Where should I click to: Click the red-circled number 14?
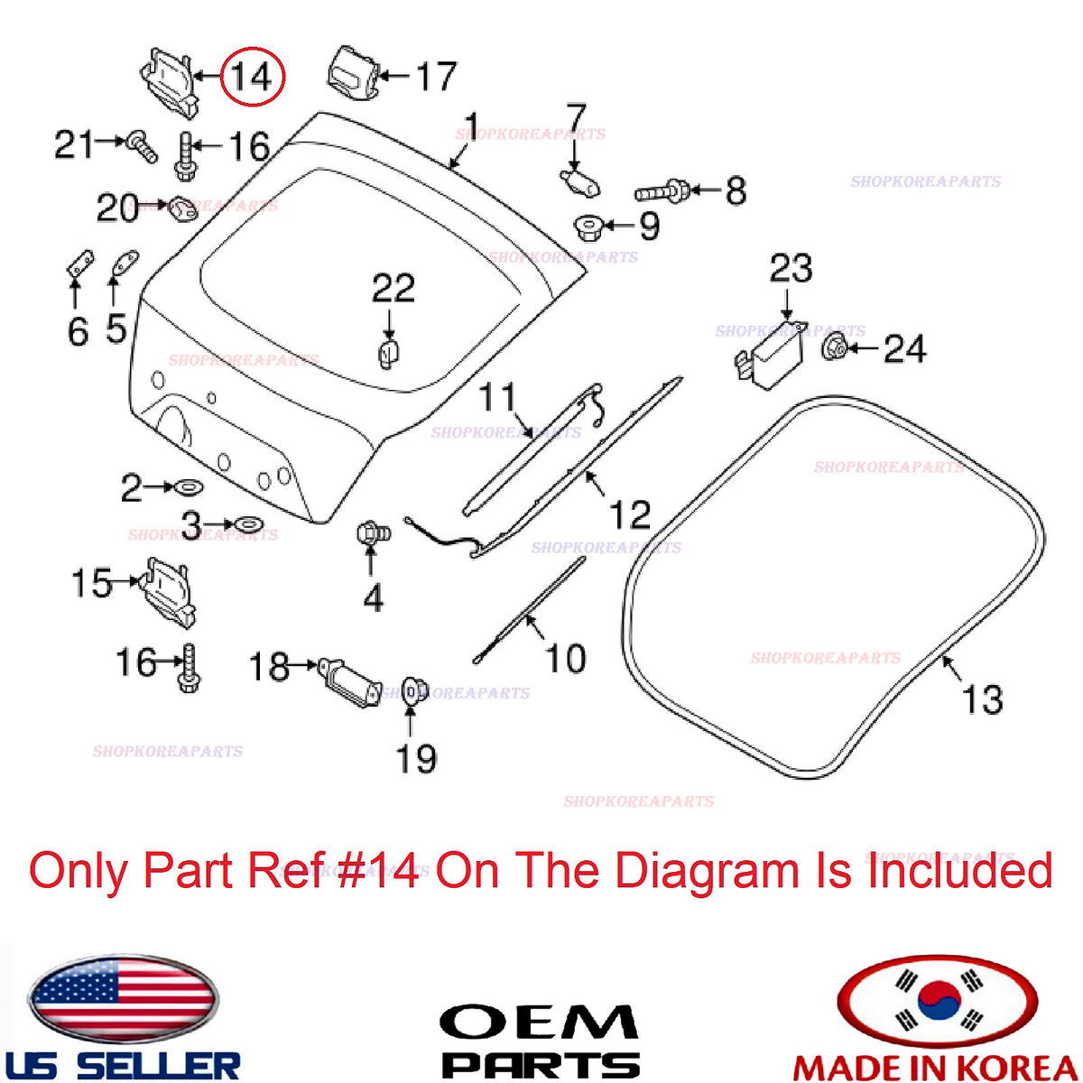coord(251,77)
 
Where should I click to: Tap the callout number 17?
coord(435,76)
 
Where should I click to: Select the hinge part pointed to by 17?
coord(353,75)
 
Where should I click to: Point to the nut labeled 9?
coord(588,227)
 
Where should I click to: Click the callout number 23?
coord(791,268)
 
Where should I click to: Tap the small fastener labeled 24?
coord(834,347)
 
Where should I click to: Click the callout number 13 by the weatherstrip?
coord(982,699)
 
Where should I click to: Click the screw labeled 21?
coord(142,145)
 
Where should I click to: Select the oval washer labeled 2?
coord(189,486)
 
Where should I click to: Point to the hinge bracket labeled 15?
coord(168,593)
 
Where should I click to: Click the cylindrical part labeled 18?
coord(349,681)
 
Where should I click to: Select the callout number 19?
coord(416,758)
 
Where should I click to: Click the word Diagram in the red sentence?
coord(707,871)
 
